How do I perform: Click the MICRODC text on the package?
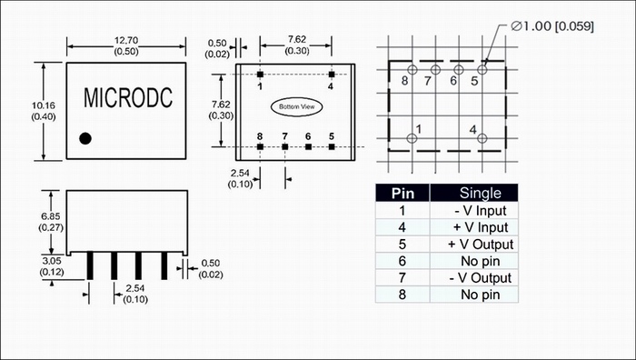tap(128, 97)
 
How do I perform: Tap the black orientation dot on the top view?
tap(85, 138)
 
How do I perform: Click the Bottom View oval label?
tap(297, 106)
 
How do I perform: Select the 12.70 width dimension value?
tap(126, 40)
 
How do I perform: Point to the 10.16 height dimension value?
tap(44, 105)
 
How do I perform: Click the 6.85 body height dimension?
tap(51, 216)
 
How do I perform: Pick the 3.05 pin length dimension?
tap(52, 261)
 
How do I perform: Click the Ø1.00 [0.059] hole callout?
tap(552, 26)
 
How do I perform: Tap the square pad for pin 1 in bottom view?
tap(260, 75)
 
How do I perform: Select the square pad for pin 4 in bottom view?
tap(332, 75)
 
